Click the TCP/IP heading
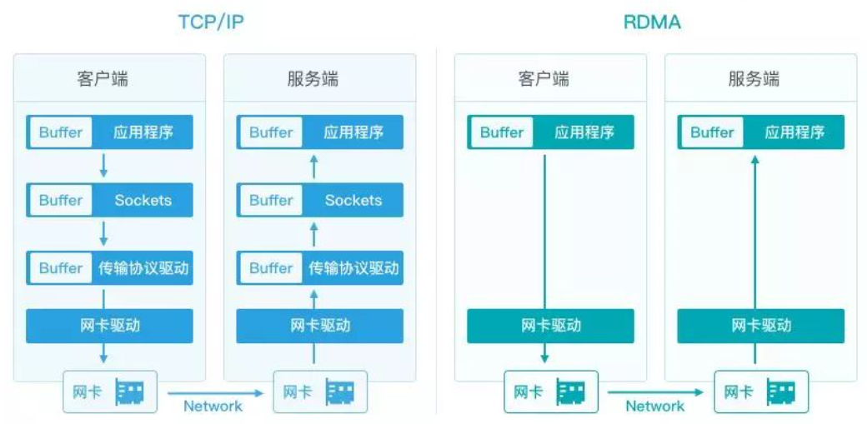211,22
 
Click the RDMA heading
652,22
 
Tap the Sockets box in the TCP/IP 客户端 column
110,200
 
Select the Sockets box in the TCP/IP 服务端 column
320,200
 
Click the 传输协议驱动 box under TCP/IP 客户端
110,268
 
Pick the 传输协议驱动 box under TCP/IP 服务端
320,268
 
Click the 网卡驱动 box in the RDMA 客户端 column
550,326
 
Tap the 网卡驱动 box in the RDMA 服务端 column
760,326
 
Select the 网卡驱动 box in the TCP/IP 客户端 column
110,326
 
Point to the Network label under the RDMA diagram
654,407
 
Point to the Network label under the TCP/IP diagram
213,407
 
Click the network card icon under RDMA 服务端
781,392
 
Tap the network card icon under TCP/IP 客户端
129,392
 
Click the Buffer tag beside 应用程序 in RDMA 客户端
502,132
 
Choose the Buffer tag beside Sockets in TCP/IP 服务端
271,200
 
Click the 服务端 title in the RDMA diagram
754,79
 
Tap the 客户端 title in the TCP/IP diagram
103,79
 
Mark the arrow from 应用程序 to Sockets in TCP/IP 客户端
103,165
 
